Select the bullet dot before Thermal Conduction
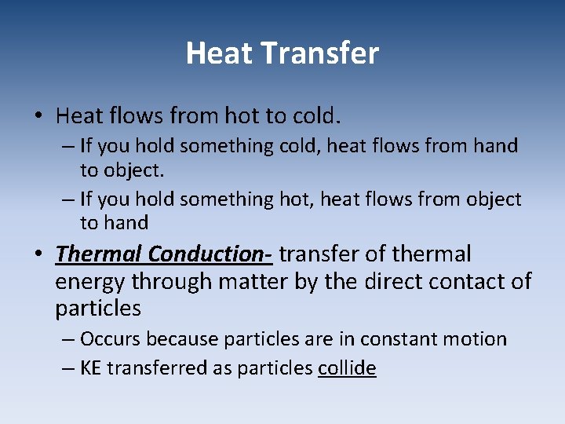click(38, 255)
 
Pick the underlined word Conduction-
click(210, 254)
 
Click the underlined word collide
click(347, 368)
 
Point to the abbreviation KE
click(91, 368)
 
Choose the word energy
click(90, 281)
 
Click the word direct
click(397, 281)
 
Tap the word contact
click(470, 281)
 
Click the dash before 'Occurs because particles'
click(67, 340)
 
